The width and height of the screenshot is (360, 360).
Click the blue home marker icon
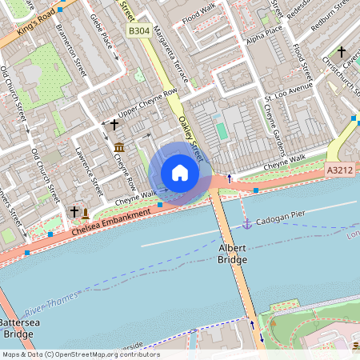180,173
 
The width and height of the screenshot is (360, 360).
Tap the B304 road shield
139,30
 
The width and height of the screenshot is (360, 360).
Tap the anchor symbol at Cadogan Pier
247,223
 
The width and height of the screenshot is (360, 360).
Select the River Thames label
51,302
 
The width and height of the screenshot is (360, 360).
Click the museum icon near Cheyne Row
119,146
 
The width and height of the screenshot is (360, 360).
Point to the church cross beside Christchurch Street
342,51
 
